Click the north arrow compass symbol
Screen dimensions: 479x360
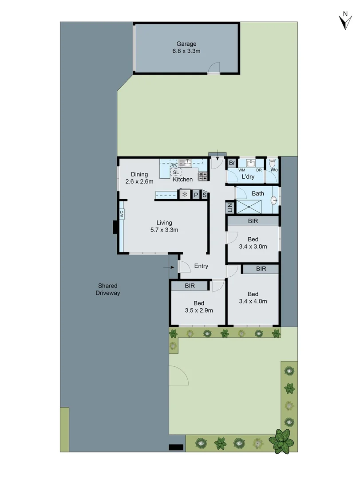[x=344, y=20]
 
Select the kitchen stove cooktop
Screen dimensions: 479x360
[x=203, y=176]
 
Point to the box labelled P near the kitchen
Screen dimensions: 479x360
[x=196, y=194]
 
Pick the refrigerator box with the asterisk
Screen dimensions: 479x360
[x=185, y=194]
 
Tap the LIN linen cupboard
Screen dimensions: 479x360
[x=229, y=207]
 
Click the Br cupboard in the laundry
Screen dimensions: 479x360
[x=232, y=163]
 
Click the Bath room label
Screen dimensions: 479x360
[x=258, y=193]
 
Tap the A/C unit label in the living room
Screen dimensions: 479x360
[x=121, y=214]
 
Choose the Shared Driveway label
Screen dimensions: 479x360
[x=108, y=289]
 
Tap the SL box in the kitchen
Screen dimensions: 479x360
[x=176, y=172]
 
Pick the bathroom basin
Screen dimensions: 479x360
[x=274, y=200]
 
